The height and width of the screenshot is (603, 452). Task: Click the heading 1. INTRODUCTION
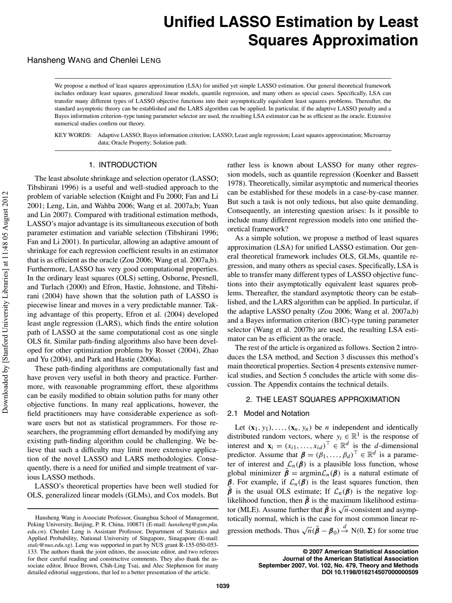coord(123,165)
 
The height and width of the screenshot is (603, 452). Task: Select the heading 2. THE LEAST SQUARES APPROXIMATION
coord(323,399)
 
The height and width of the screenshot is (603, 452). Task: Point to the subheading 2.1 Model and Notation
coord(268,413)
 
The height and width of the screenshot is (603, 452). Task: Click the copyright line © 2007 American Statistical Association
coord(360,551)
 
